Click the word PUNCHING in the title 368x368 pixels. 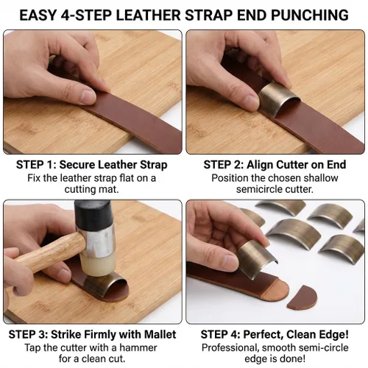pos(310,15)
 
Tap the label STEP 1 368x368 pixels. pos(36,165)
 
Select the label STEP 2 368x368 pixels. pos(224,165)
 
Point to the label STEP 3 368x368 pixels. pos(29,335)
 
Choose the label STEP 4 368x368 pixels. pos(221,335)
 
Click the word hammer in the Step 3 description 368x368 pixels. pos(138,347)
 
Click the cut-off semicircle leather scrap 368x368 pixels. pos(303,298)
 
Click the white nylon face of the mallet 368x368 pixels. pos(98,264)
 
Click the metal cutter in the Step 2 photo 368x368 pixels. pos(278,98)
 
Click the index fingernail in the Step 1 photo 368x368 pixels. pos(88,96)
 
